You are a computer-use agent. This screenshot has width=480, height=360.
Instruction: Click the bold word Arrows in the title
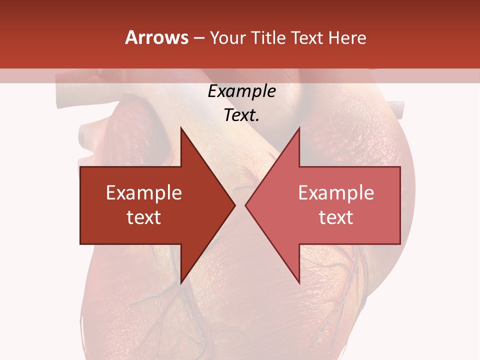tap(157, 37)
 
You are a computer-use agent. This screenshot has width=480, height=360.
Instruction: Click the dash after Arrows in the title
tap(199, 38)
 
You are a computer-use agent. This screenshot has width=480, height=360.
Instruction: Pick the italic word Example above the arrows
tap(241, 91)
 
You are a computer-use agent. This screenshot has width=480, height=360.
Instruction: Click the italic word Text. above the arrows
tap(241, 115)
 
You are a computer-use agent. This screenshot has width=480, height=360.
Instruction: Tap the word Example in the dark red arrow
tap(144, 193)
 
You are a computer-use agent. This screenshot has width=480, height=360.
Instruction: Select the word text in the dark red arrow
tap(144, 217)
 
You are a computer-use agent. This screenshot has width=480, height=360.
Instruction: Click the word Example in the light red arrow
tap(336, 193)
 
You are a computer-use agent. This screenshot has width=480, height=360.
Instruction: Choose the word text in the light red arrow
tap(336, 217)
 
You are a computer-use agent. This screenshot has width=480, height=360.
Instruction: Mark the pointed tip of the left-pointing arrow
tap(245, 205)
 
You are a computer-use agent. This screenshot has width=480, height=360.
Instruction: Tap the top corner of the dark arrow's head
tap(181, 128)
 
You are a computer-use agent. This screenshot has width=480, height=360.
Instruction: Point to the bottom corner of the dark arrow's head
tap(181, 282)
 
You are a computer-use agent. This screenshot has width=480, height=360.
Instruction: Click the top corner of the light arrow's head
tap(299, 128)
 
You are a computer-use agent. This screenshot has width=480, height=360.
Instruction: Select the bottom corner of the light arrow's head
tap(299, 282)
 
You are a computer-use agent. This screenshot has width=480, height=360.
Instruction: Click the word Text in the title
tap(307, 37)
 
